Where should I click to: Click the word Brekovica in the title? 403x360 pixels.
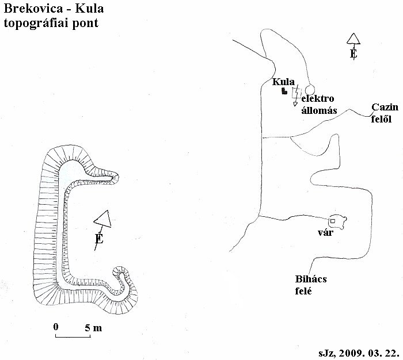tap(33, 9)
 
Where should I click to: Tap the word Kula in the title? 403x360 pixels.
tap(89, 9)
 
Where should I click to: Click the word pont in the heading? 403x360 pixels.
tap(85, 24)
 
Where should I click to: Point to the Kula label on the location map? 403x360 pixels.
tap(283, 82)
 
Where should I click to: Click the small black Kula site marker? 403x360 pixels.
tap(284, 91)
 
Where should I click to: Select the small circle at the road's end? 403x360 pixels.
tap(310, 90)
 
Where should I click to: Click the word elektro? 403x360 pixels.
tap(318, 98)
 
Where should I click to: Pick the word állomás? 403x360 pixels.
tap(319, 110)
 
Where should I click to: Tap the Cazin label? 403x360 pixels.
tap(385, 107)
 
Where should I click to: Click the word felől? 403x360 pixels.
tap(381, 119)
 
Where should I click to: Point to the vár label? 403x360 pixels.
tap(326, 233)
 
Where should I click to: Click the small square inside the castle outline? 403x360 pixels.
tap(333, 221)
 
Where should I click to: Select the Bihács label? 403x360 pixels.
tap(311, 279)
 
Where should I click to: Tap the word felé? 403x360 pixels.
tap(303, 291)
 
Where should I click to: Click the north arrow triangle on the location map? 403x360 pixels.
tap(353, 39)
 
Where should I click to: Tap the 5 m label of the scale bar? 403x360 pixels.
tap(93, 328)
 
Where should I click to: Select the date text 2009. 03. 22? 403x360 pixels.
tap(369, 353)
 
